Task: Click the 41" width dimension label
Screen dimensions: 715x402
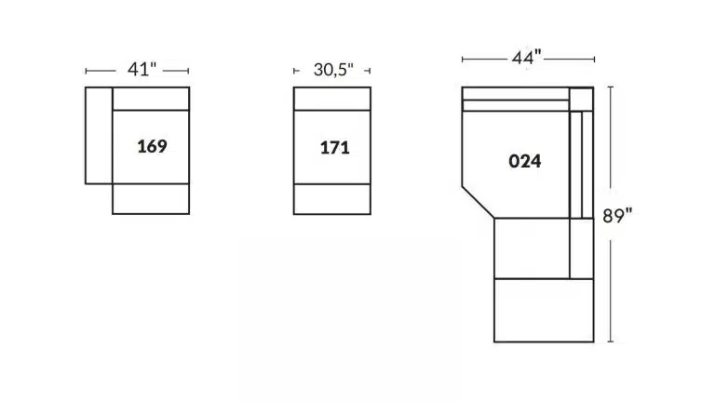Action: click(x=142, y=69)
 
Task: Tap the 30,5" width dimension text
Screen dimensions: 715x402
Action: click(x=333, y=70)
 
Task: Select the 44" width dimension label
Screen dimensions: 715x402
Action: click(x=527, y=58)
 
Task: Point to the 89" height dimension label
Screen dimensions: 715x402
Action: click(x=617, y=216)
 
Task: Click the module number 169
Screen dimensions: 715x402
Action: click(x=152, y=146)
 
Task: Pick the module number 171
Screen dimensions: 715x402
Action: click(x=335, y=148)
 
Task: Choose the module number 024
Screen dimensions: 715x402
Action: click(x=525, y=161)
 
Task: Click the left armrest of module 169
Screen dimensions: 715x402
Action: click(x=99, y=135)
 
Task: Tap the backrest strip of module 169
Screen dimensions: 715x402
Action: click(x=151, y=99)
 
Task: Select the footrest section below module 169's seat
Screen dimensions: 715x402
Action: click(x=151, y=199)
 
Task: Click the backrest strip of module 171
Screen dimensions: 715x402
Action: click(x=332, y=99)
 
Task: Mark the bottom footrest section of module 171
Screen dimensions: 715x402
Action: click(x=332, y=199)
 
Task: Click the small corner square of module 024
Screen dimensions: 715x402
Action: click(x=581, y=99)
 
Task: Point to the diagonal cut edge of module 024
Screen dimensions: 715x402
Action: click(x=479, y=202)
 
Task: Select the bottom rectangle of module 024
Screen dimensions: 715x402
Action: click(x=544, y=311)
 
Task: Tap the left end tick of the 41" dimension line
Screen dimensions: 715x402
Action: click(x=87, y=71)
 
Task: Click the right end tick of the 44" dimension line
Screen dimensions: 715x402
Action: click(x=594, y=60)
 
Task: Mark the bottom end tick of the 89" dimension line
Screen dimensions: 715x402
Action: click(x=611, y=342)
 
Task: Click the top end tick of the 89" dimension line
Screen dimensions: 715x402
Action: click(x=611, y=87)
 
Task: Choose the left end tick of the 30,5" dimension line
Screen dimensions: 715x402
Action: click(x=294, y=71)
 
